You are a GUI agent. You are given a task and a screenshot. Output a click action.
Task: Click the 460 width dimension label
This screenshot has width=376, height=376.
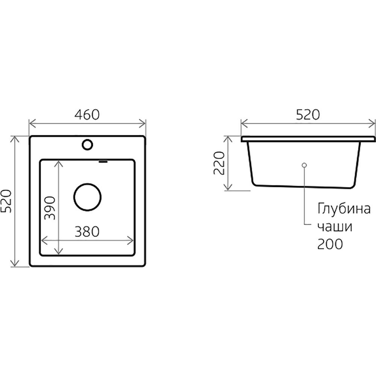coord(87,115)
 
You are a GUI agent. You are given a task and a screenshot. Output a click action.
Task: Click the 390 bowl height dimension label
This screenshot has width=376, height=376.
coord(50,208)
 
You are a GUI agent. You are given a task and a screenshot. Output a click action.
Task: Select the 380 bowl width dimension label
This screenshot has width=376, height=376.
coord(87,232)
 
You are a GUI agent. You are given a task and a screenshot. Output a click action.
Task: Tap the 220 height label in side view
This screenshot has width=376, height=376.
coord(219,163)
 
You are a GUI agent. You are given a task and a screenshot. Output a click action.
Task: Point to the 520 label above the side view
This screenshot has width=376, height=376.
coord(308,115)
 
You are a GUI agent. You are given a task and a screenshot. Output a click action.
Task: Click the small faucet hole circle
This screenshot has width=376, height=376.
coord(87,145)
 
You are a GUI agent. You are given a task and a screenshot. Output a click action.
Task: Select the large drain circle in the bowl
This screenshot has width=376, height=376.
coord(87,197)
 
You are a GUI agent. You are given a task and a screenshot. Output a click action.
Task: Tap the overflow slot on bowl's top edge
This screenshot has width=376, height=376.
coord(103,161)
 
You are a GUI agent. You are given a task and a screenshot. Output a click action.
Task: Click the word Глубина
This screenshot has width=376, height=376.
coord(344,208)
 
